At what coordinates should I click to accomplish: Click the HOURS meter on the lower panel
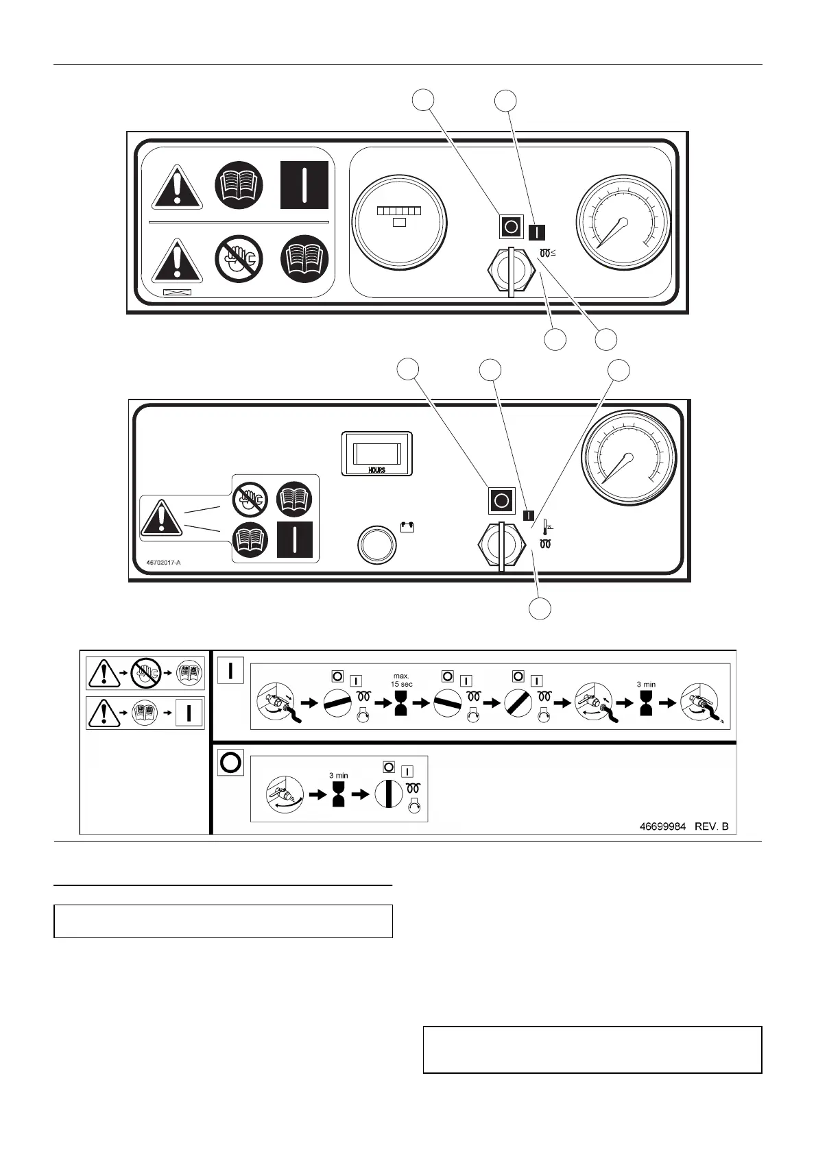click(376, 453)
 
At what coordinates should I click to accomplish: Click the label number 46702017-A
click(163, 563)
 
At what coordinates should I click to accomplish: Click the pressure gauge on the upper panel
click(623, 221)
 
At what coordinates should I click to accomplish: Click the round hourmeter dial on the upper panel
click(399, 221)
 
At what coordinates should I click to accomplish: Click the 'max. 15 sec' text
click(402, 680)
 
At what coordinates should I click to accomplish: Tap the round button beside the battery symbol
click(377, 545)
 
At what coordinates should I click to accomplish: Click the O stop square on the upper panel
click(510, 226)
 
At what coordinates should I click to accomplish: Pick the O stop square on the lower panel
click(501, 501)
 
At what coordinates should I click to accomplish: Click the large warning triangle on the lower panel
click(161, 519)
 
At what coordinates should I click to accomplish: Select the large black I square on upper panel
click(304, 185)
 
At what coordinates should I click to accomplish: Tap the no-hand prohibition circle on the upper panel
click(239, 258)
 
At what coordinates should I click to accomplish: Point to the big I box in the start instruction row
click(230, 670)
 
